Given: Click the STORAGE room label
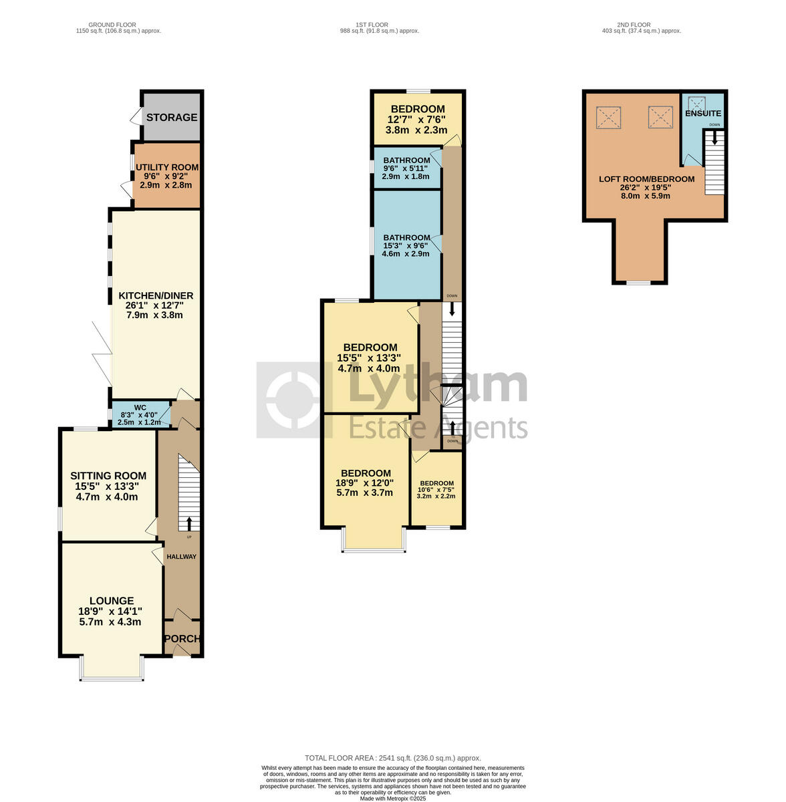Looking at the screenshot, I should pos(172,118).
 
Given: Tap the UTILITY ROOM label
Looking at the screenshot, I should pos(166,168).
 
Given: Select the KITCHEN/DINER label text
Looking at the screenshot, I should pos(156,296).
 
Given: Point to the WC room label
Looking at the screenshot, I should pos(140,408).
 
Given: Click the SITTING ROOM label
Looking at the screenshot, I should pos(108,476).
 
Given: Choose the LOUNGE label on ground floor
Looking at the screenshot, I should pos(112,601).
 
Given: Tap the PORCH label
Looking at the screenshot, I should pos(182,639).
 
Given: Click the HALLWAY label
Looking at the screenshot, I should pos(182,557).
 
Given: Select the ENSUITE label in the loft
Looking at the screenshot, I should pos(702,114).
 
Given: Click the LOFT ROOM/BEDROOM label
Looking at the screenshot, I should pos(646,179).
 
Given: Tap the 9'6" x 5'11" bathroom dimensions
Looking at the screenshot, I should pos(406,168).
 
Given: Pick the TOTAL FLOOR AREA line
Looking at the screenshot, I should pos(393,758).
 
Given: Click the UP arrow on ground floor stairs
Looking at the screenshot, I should pos(188,523).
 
